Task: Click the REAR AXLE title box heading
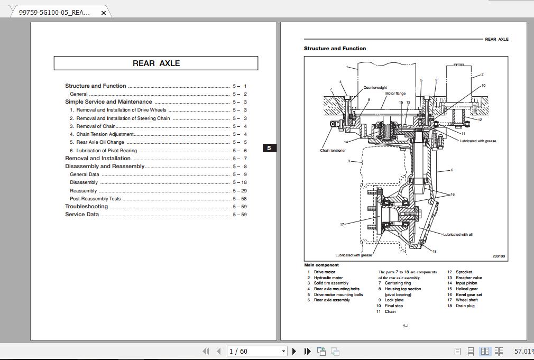156,63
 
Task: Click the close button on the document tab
104,13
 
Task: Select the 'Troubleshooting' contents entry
86,207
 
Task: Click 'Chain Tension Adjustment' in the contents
105,134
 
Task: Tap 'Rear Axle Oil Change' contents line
100,142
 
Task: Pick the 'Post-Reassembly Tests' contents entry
95,199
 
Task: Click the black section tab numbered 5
269,148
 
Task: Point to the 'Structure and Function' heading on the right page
335,49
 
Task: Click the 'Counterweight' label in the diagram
375,88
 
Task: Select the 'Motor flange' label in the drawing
395,94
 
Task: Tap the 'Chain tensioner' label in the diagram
333,151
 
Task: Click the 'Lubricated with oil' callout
458,234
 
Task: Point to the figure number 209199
499,256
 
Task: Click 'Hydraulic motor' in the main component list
328,278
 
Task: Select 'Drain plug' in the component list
465,306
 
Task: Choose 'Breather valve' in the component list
468,278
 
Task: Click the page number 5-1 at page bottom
406,326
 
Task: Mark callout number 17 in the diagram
342,225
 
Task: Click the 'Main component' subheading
321,265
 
